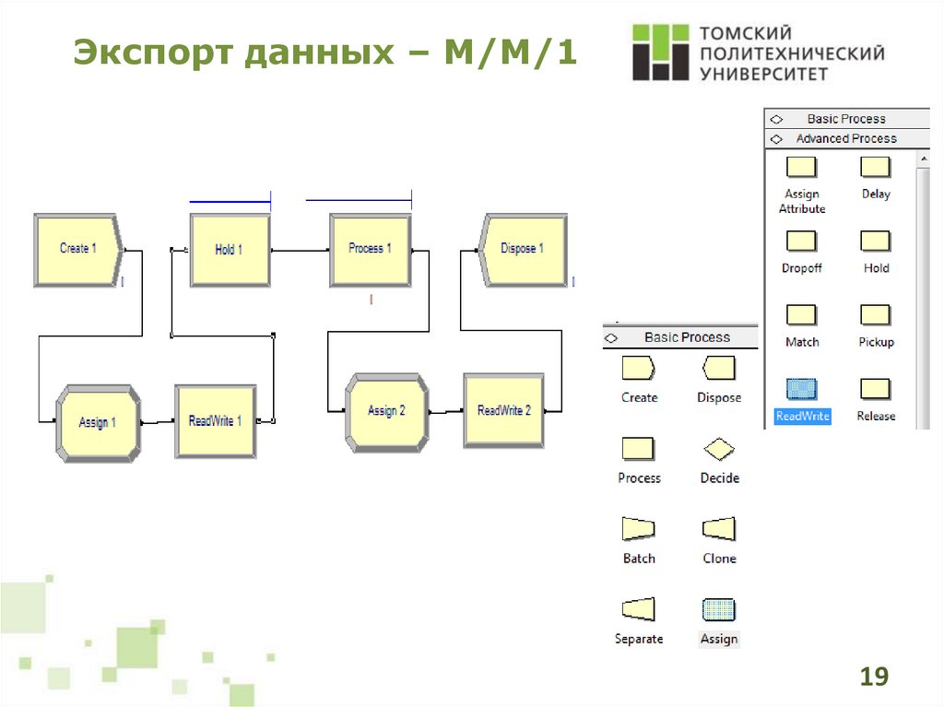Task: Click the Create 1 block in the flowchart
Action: tap(77, 249)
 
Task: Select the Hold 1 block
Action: tap(230, 250)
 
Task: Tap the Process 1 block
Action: tap(370, 249)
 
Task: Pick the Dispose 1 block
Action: tap(522, 249)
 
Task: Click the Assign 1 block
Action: tap(97, 422)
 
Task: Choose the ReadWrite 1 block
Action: tap(215, 421)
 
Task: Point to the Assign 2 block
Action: tap(386, 411)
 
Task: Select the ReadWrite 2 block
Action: tap(503, 410)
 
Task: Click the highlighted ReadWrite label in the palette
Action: tap(802, 417)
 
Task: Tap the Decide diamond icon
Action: tap(719, 449)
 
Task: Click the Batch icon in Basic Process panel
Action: tap(639, 529)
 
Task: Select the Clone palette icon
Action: tap(719, 529)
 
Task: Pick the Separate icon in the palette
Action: tap(639, 609)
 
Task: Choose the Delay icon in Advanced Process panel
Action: tap(876, 167)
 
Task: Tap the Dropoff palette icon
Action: tap(801, 241)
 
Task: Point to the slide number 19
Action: tap(873, 678)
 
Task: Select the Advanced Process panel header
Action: tap(846, 138)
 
